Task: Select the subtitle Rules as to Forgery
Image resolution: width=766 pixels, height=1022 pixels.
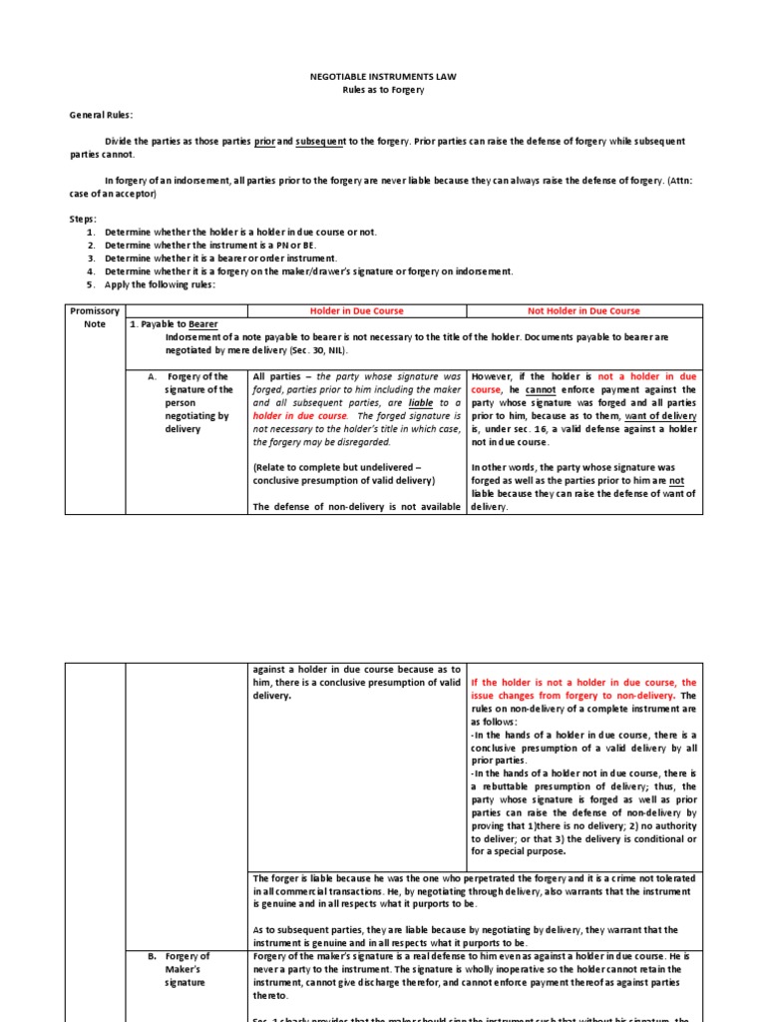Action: (383, 90)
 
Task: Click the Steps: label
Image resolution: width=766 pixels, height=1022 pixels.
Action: (83, 219)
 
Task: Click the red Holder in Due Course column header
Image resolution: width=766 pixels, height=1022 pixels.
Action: (356, 310)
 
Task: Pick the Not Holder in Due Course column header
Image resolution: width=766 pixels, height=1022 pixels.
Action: (583, 310)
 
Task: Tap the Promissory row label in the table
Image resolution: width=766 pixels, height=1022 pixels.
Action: (95, 310)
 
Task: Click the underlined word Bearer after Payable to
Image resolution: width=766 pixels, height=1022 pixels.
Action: (198, 324)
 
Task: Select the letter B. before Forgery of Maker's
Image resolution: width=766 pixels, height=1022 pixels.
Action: (153, 956)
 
